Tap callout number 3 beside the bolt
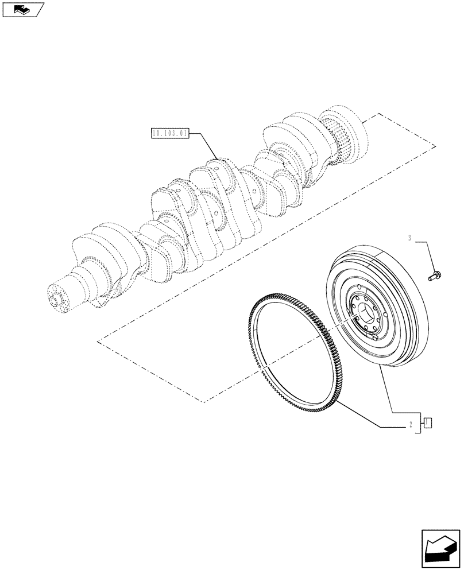click(410, 238)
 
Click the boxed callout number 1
click(427, 424)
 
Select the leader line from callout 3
click(426, 253)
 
